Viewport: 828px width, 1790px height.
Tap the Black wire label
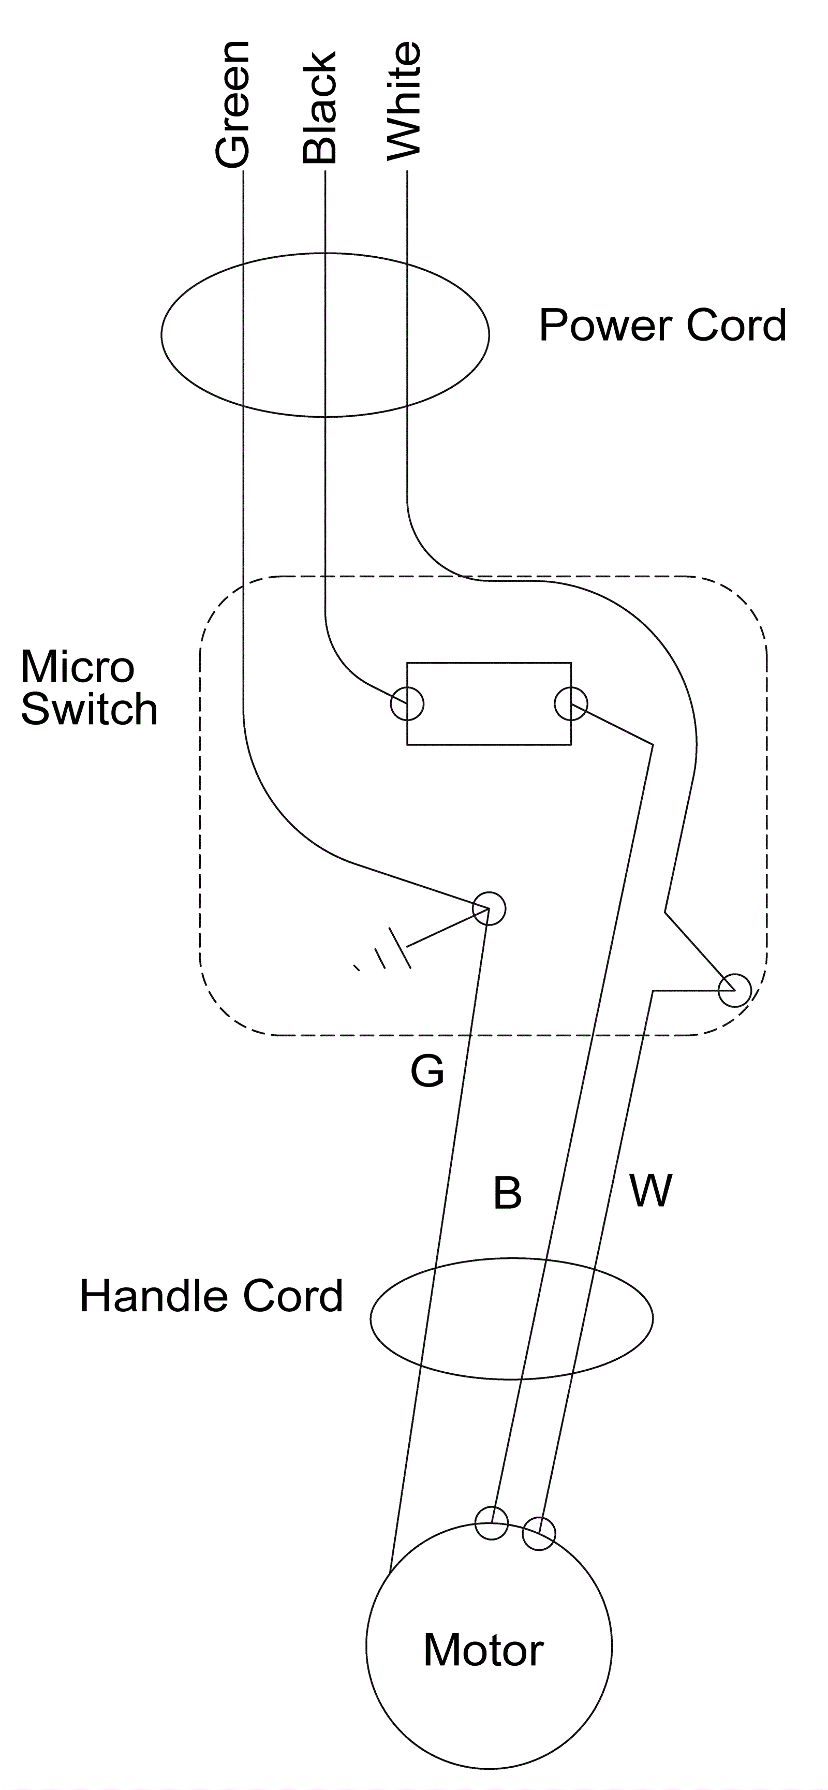coord(319,108)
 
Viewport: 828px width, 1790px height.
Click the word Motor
coord(483,1650)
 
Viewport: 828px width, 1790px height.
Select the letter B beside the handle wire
coord(507,1193)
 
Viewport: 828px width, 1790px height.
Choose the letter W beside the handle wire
coord(651,1191)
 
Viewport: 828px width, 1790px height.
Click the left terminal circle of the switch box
coord(407,705)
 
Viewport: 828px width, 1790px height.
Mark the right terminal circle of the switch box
coord(571,705)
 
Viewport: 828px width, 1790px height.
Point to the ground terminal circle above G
coord(489,908)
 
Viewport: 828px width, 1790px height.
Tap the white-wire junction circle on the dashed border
coord(735,990)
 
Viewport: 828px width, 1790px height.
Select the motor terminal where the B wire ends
coord(492,1524)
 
